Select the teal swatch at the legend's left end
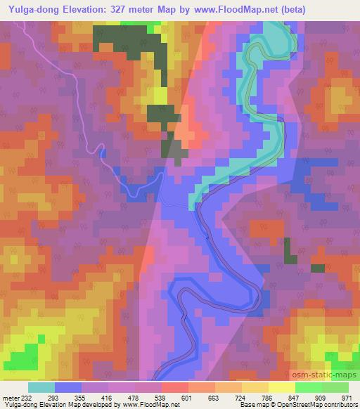coord(41,387)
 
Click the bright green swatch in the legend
coord(308,387)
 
